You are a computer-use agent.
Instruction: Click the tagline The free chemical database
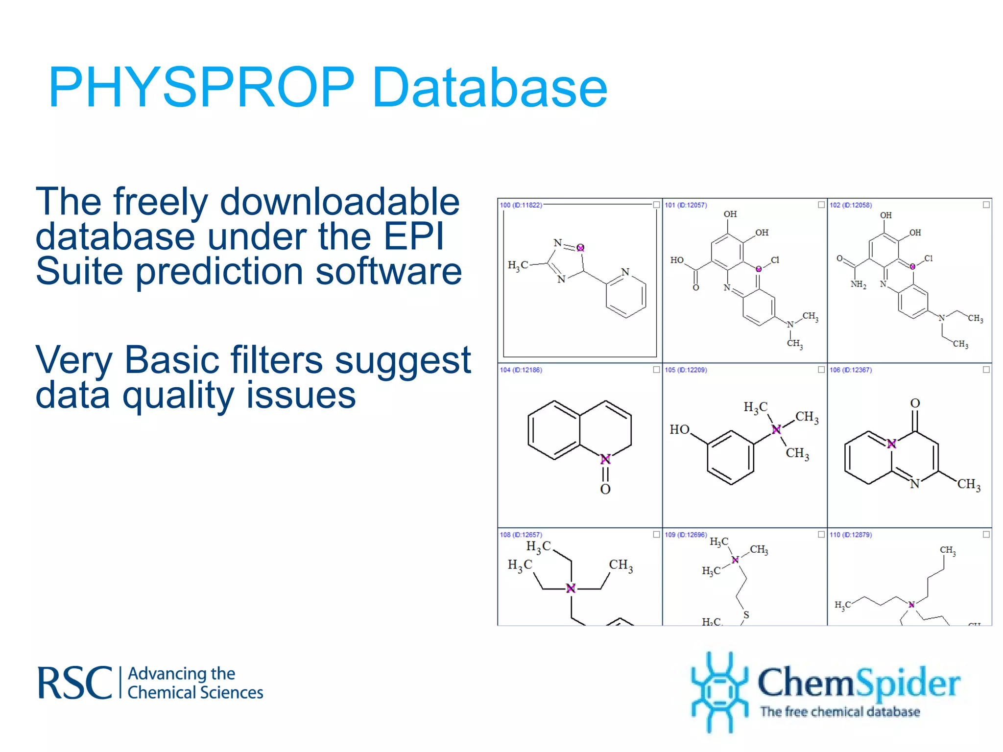pyautogui.click(x=839, y=711)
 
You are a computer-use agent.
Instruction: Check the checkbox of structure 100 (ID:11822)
pyautogui.click(x=656, y=205)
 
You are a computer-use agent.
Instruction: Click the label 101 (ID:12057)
pyautogui.click(x=686, y=205)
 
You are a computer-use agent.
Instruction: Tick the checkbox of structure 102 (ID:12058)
pyautogui.click(x=986, y=205)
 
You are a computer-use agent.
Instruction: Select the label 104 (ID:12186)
pyautogui.click(x=521, y=370)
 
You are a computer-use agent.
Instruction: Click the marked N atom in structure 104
pyautogui.click(x=605, y=459)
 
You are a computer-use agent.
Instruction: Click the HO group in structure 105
pyautogui.click(x=679, y=429)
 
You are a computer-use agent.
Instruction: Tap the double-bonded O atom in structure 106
pyautogui.click(x=915, y=403)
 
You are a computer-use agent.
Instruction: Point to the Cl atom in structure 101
pyautogui.click(x=775, y=260)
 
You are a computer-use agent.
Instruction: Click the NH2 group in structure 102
pyautogui.click(x=858, y=284)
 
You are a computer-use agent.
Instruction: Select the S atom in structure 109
pyautogui.click(x=746, y=615)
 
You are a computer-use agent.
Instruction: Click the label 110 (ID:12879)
pyautogui.click(x=851, y=535)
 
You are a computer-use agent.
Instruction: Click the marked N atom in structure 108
pyautogui.click(x=571, y=588)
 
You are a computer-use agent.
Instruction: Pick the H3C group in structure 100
pyautogui.click(x=518, y=266)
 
